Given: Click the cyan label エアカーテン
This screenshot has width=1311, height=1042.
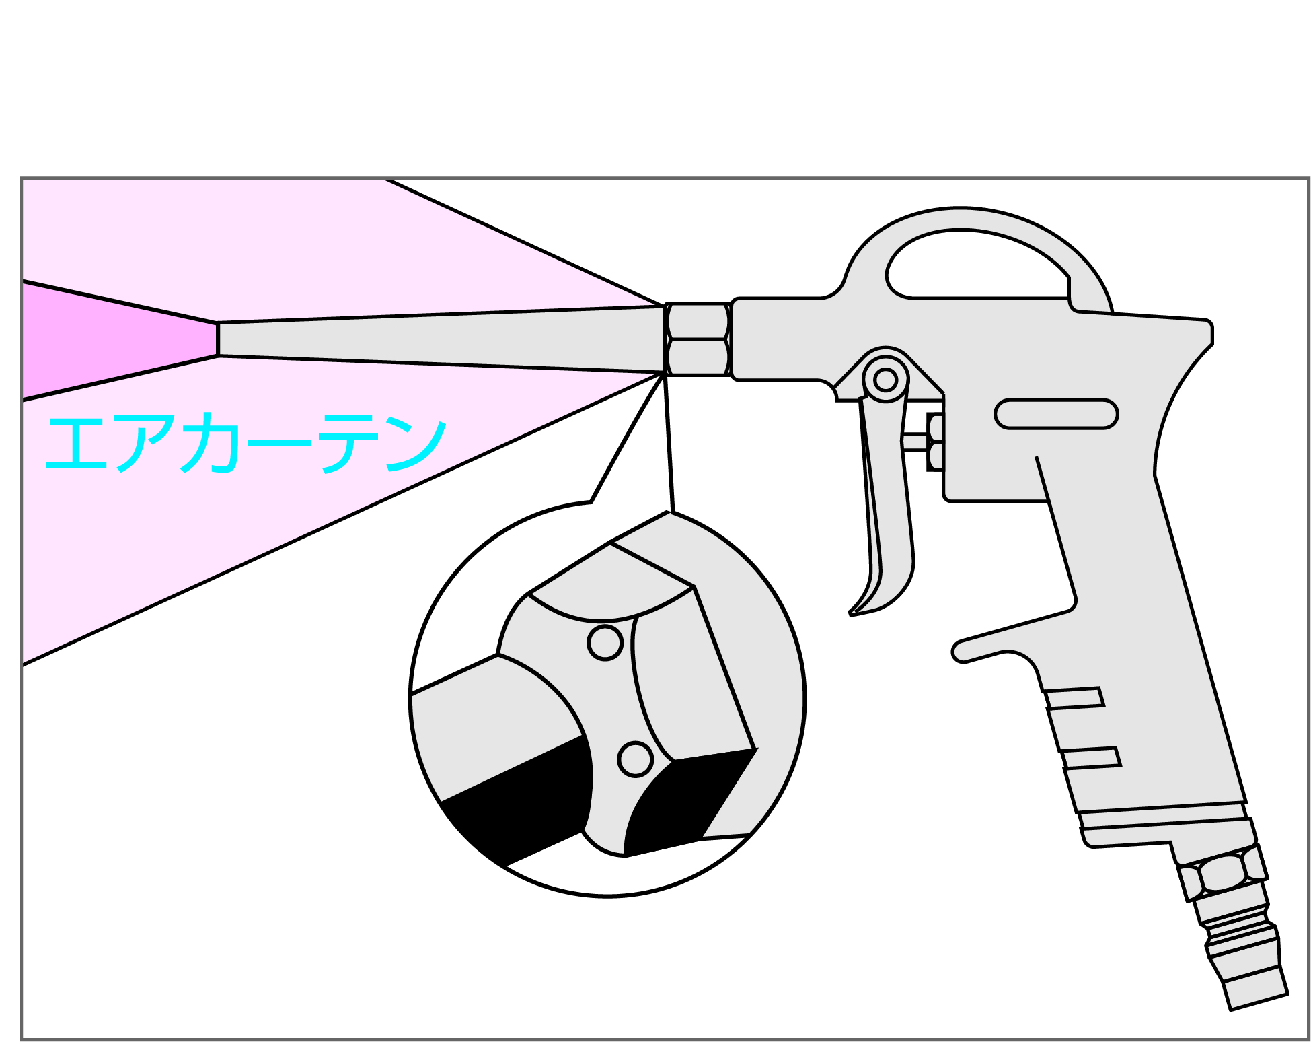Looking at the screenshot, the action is coord(246,442).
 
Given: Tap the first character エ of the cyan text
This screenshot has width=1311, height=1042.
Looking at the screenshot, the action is coord(76,443).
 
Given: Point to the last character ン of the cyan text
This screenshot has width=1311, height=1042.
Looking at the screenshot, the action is coord(416,444).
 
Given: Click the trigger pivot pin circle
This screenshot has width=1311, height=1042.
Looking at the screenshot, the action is coord(885,380).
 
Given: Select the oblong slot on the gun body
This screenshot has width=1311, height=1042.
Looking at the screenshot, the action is coord(1056,413).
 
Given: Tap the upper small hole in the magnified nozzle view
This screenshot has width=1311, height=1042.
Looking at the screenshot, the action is coord(605,642).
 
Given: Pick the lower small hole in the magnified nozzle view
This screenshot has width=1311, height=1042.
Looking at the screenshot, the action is coord(635,759).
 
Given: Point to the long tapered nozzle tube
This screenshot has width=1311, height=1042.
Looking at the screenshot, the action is coord(441,339).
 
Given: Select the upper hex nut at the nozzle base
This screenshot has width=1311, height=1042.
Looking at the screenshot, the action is coord(698,321).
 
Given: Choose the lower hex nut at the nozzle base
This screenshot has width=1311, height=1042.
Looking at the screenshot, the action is coord(698,357).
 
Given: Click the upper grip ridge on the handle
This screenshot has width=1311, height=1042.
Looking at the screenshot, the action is coord(1075,698).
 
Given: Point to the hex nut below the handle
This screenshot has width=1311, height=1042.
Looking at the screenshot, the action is coord(1222,873).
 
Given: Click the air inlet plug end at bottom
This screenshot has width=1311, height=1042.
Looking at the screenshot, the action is coord(1255,987).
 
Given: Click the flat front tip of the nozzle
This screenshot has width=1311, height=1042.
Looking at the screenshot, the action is coord(218,339).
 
